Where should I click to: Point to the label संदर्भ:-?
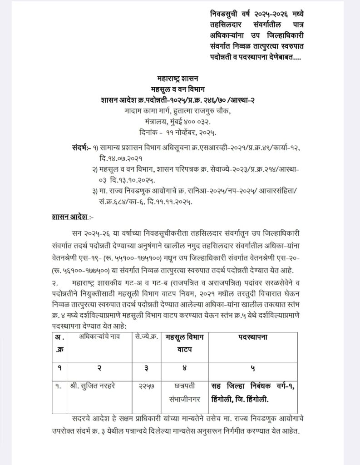tap(81, 148)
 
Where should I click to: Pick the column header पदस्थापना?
tap(253, 337)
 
